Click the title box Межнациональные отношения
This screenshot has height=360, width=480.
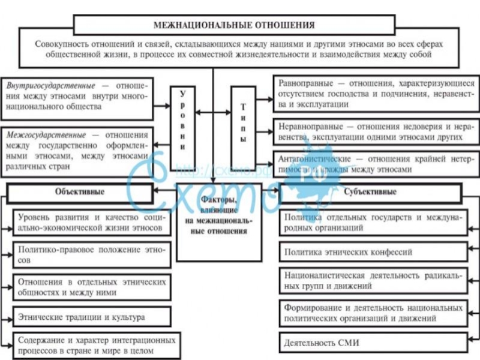click(234, 25)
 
